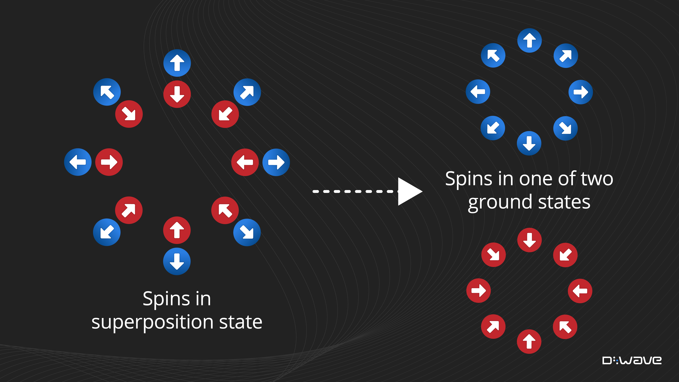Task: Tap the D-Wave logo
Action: [x=631, y=360]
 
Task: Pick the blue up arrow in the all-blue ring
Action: [x=529, y=41]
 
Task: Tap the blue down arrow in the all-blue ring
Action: [x=529, y=143]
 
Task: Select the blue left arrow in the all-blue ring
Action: [x=478, y=92]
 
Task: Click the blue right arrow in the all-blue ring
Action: [x=581, y=92]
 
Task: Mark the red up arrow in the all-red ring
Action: [x=529, y=341]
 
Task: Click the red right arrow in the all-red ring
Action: [x=478, y=290]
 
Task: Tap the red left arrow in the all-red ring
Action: [x=580, y=291]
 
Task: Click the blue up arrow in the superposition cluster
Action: [x=177, y=63]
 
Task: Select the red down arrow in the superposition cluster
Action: [x=177, y=94]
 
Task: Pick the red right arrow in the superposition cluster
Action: [x=109, y=162]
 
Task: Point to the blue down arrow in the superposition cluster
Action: [x=177, y=261]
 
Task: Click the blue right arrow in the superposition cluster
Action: [x=276, y=162]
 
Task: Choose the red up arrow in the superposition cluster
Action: [x=177, y=230]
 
